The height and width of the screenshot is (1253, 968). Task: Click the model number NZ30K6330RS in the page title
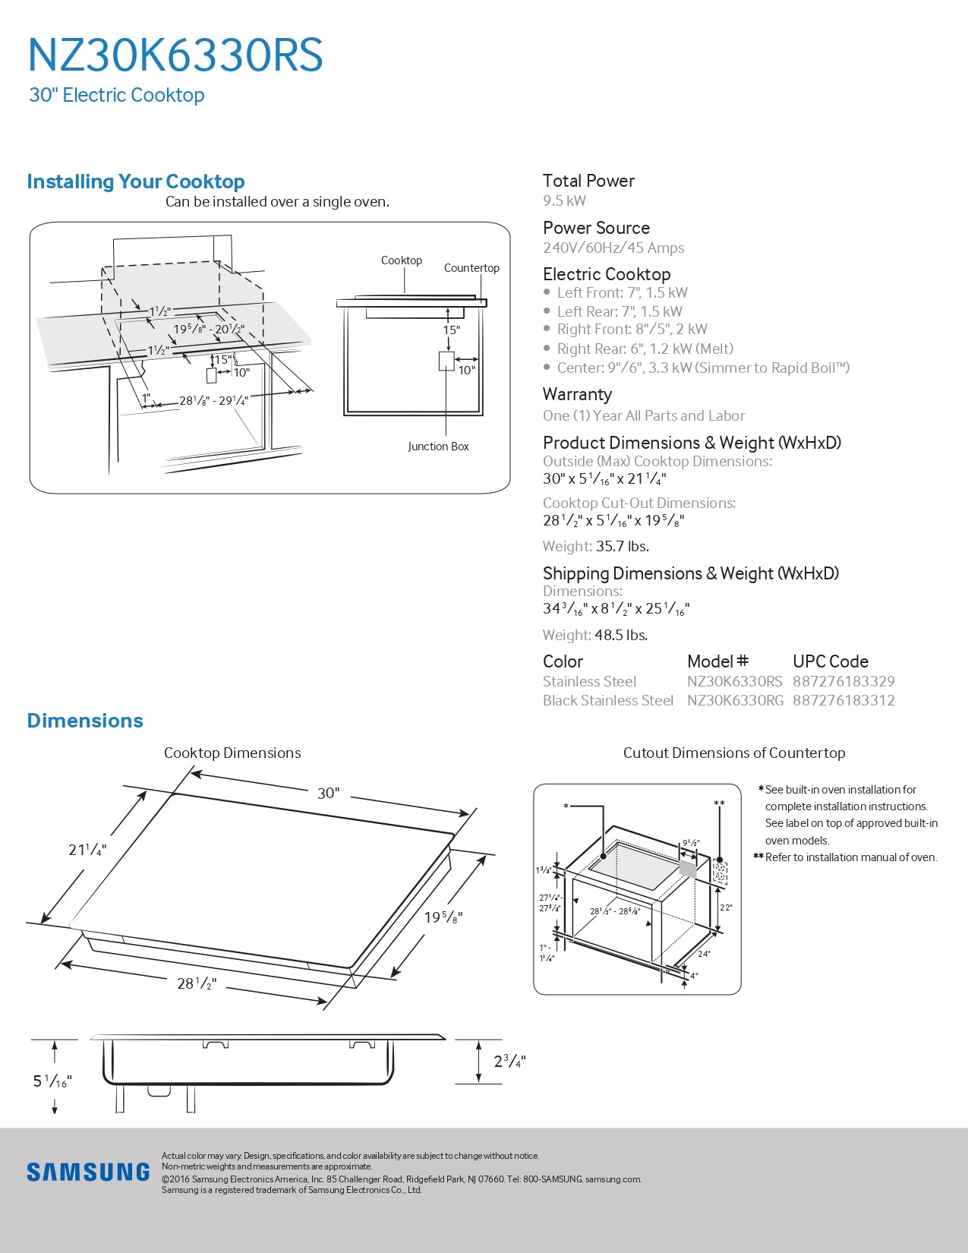pyautogui.click(x=175, y=55)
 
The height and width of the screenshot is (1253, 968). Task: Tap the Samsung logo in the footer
pyautogui.click(x=88, y=1172)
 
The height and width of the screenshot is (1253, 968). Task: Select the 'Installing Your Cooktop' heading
pyautogui.click(x=136, y=181)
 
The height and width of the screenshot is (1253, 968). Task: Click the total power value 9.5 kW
pyautogui.click(x=564, y=200)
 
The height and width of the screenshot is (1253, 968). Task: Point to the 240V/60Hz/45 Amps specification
pyautogui.click(x=613, y=248)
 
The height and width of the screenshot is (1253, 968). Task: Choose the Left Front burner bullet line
pyautogui.click(x=622, y=292)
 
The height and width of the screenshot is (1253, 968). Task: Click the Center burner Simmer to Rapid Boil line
pyautogui.click(x=702, y=368)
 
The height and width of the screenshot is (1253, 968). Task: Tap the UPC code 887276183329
pyautogui.click(x=843, y=681)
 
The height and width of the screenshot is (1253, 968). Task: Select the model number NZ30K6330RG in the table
pyautogui.click(x=735, y=700)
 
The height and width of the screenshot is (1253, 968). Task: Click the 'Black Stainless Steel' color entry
pyautogui.click(x=607, y=700)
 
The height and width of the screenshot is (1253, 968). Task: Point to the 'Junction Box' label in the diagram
pyautogui.click(x=438, y=447)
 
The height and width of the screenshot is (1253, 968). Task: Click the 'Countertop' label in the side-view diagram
pyautogui.click(x=471, y=268)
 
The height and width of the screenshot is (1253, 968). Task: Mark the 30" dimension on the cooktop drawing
pyautogui.click(x=328, y=793)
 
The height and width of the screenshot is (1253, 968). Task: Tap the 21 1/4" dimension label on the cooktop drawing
pyautogui.click(x=87, y=850)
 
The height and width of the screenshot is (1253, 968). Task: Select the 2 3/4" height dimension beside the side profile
pyautogui.click(x=509, y=1061)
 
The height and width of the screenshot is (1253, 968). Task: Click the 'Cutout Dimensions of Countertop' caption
pyautogui.click(x=733, y=753)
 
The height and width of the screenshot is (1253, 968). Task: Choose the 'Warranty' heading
pyautogui.click(x=577, y=394)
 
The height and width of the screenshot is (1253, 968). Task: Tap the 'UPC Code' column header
pyautogui.click(x=830, y=661)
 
